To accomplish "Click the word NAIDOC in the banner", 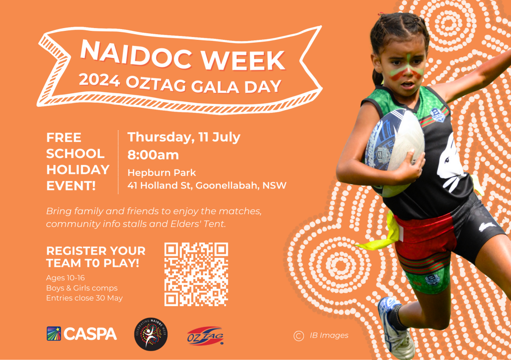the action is [x=136, y=53].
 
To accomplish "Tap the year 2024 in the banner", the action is [x=99, y=80].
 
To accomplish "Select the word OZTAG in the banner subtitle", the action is [x=156, y=83].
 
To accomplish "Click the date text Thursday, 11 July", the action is [x=184, y=137].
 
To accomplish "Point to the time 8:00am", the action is [x=153, y=155].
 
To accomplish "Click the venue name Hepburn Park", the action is [x=162, y=172].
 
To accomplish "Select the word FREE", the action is [x=64, y=137].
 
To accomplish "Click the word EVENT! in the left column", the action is [x=71, y=186].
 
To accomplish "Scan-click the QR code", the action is [x=196, y=274].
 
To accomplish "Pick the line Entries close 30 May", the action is [x=84, y=298].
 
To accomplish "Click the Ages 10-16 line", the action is [x=66, y=278].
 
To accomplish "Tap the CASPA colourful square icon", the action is [x=54, y=334].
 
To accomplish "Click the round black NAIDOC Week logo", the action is [x=151, y=334].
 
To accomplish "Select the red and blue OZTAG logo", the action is [x=205, y=336].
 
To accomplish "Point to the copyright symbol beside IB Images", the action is [x=299, y=336].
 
